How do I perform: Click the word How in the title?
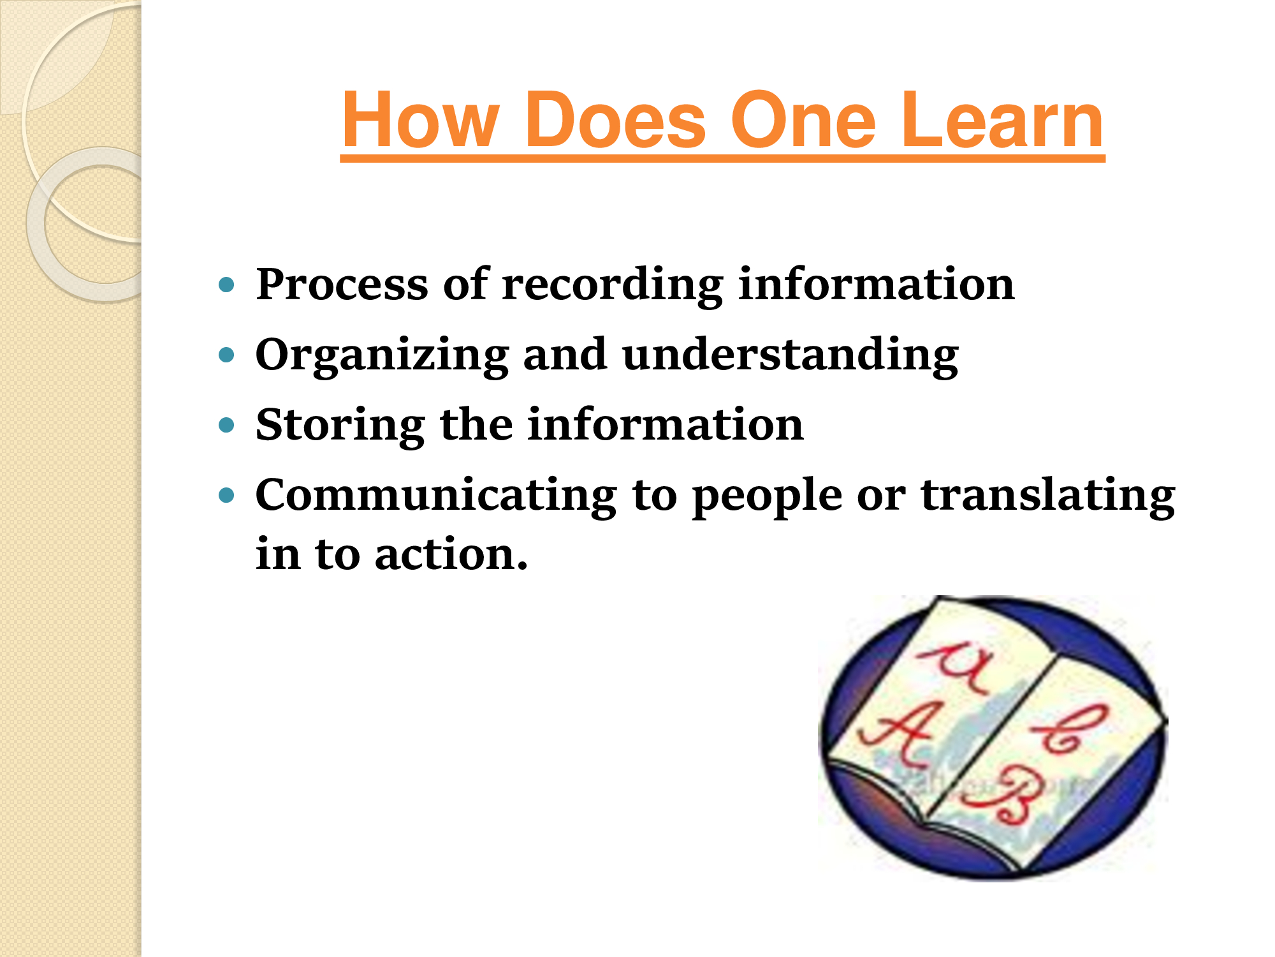coord(421,119)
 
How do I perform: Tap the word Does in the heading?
coord(615,119)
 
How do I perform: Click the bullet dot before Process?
coord(226,284)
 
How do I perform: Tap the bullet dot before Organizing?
coord(226,354)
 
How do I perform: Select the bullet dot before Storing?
coord(226,425)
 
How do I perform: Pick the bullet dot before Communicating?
coord(226,494)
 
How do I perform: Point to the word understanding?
coord(790,355)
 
